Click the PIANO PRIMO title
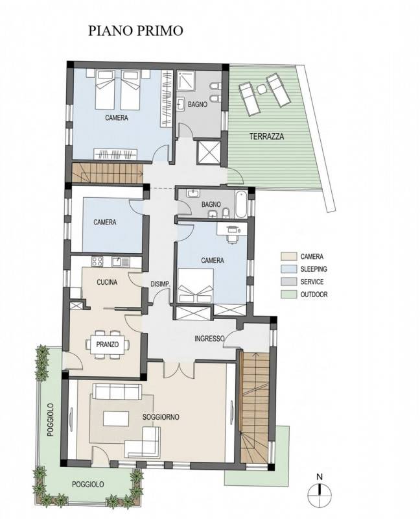click(135, 30)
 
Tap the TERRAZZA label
click(266, 136)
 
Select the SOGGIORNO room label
click(161, 416)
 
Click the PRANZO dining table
click(108, 344)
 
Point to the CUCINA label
click(107, 282)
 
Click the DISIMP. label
click(160, 284)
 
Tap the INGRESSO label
click(209, 339)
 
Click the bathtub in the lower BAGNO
click(241, 204)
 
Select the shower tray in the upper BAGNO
click(185, 80)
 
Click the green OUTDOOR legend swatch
click(288, 295)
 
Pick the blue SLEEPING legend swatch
click(288, 269)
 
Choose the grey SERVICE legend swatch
click(288, 282)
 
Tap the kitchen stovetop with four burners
click(97, 261)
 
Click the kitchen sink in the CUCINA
click(121, 262)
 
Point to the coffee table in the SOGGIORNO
click(116, 418)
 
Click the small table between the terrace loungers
click(261, 89)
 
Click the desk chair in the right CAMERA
click(233, 238)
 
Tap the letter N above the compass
click(320, 477)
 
